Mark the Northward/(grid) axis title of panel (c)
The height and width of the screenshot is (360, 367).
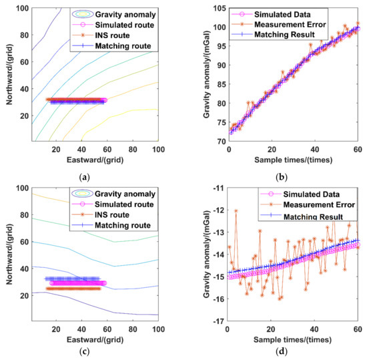(9, 254)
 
